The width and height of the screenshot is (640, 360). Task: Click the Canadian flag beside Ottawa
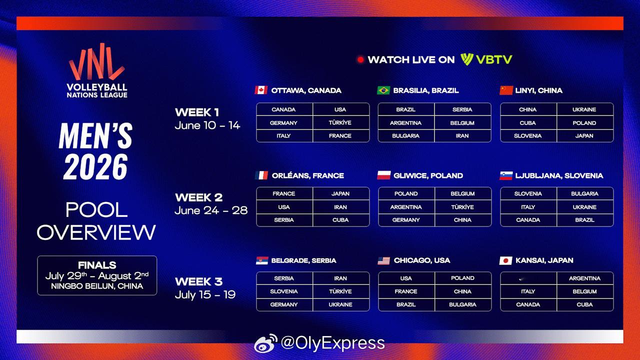261,90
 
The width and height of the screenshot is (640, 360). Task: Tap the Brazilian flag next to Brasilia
383,90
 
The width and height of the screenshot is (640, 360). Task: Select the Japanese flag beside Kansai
505,260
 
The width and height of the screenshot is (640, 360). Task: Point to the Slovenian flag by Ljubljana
506,175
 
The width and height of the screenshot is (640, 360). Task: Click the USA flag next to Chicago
383,260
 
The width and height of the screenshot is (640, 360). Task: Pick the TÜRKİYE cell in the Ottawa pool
340,122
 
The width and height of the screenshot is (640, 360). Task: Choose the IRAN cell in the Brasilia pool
462,135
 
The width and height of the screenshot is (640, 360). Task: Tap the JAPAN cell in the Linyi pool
584,135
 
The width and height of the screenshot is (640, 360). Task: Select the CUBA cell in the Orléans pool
340,220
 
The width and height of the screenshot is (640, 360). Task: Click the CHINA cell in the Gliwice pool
463,220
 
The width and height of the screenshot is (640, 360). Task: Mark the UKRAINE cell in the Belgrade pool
340,304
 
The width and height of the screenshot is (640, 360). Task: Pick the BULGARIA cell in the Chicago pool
463,304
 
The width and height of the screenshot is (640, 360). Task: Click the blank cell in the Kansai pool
528,278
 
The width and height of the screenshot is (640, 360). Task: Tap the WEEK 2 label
199,197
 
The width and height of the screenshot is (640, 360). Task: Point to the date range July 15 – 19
205,294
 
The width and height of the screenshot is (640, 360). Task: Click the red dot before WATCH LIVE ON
360,59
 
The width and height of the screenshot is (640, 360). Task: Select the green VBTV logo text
494,59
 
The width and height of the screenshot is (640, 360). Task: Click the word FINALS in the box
97,265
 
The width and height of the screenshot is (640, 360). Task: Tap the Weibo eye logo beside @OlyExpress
265,343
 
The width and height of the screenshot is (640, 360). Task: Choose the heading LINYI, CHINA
539,90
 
